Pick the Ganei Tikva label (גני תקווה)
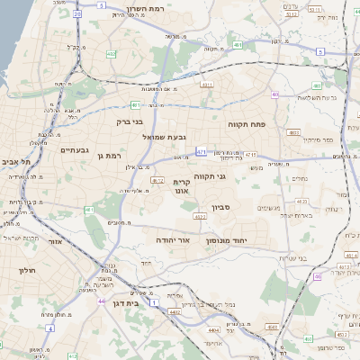click(234, 176)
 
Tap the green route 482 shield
click(111, 55)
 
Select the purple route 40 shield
click(276, 94)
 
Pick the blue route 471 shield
click(201, 152)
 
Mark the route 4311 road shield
click(207, 85)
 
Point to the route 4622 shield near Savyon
click(198, 217)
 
